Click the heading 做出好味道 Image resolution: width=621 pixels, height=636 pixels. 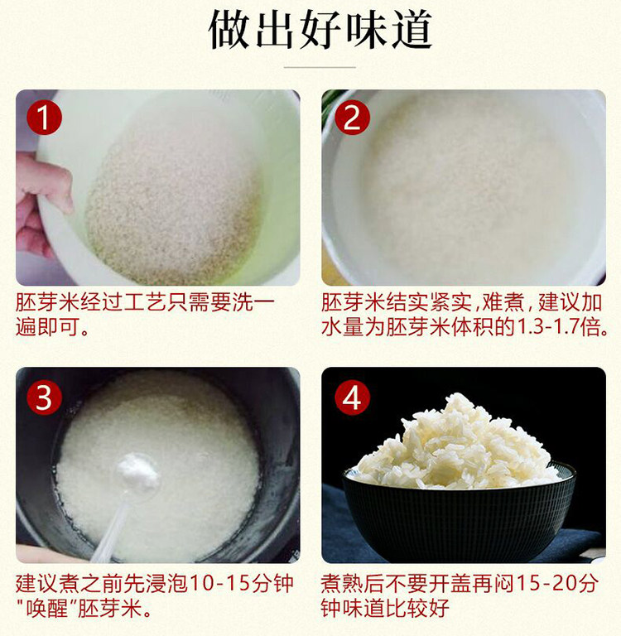click(x=320, y=30)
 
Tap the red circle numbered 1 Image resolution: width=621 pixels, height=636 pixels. click(x=44, y=118)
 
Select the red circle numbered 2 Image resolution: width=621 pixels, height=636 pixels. click(x=352, y=118)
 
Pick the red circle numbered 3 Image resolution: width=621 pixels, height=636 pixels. click(x=44, y=397)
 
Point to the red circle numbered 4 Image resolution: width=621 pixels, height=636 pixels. click(x=352, y=397)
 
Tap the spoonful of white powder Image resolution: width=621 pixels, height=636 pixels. click(x=137, y=470)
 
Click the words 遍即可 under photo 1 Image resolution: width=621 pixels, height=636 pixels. click(x=47, y=326)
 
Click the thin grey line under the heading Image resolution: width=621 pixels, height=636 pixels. click(x=320, y=67)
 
